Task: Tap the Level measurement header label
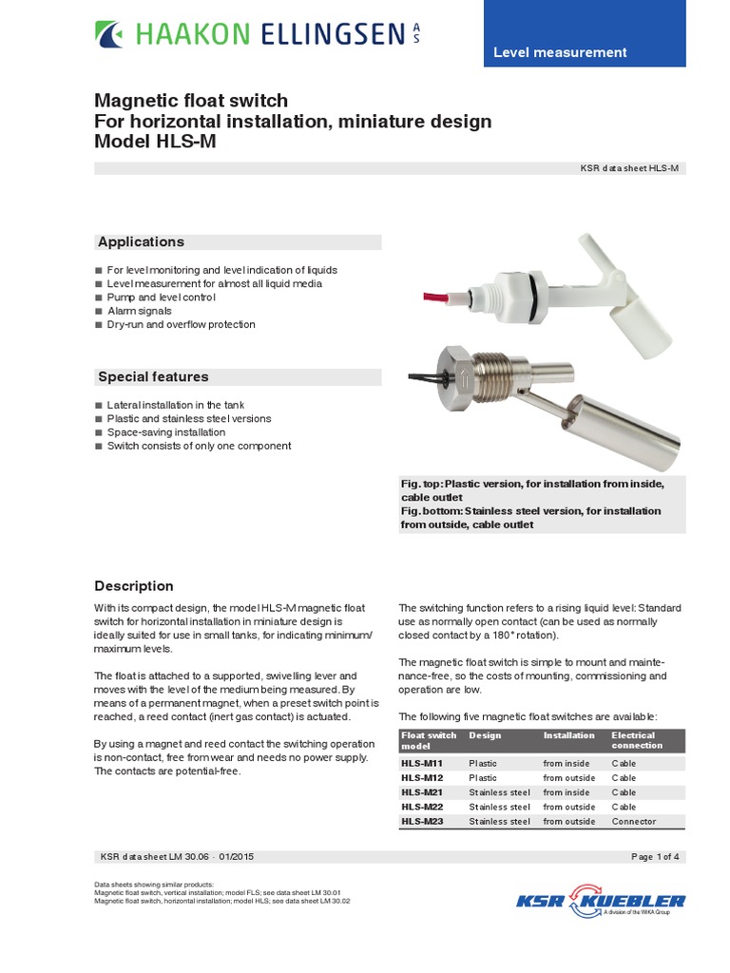click(559, 53)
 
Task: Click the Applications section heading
click(141, 242)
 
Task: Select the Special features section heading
click(153, 377)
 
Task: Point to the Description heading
click(133, 586)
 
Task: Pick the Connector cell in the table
click(634, 821)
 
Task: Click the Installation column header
click(568, 735)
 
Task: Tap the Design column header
click(485, 735)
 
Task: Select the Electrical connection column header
click(634, 740)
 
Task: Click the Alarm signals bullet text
click(140, 311)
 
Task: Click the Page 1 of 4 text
click(655, 856)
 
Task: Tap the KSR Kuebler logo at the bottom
click(600, 903)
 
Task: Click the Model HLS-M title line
click(161, 142)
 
